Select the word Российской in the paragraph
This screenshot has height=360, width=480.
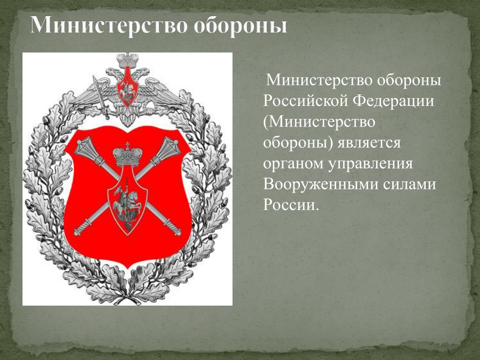click(x=306, y=101)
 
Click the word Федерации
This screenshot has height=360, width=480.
click(x=394, y=102)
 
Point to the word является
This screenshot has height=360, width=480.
click(x=369, y=143)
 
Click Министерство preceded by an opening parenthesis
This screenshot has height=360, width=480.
click(x=319, y=122)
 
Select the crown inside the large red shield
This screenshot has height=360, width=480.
click(x=127, y=155)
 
